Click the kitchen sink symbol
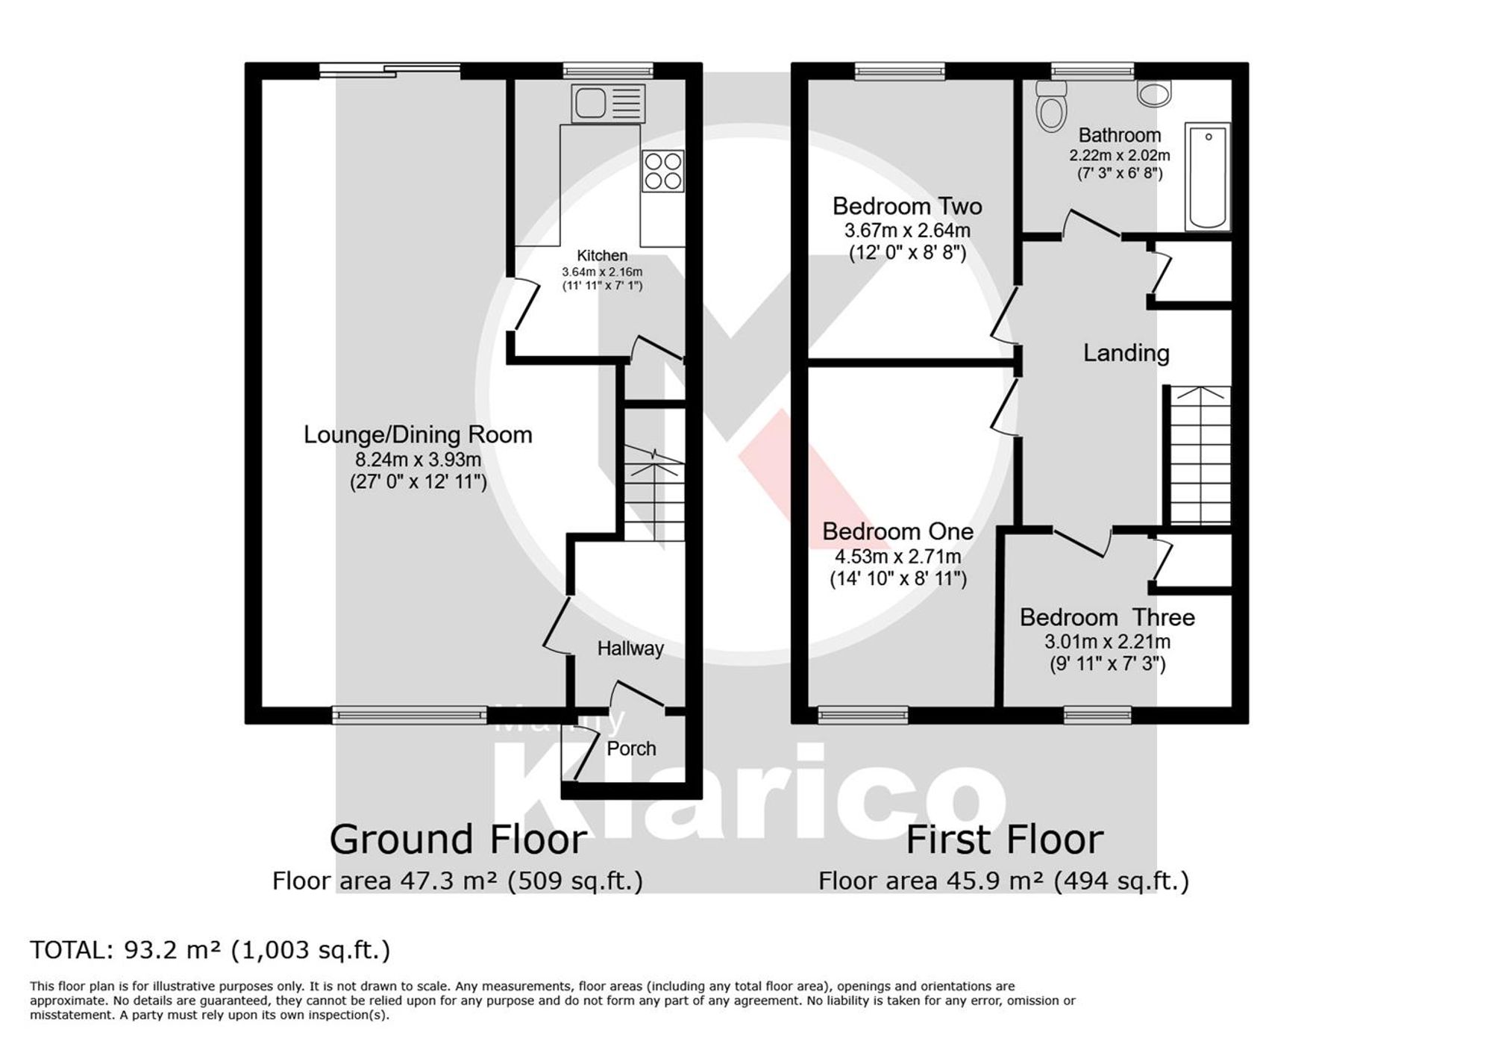(x=608, y=103)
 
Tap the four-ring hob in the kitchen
(x=663, y=172)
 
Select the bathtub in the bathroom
(x=1207, y=176)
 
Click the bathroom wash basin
(x=1154, y=93)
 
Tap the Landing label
(x=1126, y=353)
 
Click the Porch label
(x=631, y=748)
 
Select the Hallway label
(x=630, y=648)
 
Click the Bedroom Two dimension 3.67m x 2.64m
(x=907, y=230)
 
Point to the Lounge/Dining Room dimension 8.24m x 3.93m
(x=418, y=459)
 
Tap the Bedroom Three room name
(x=1107, y=617)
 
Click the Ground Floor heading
(x=458, y=840)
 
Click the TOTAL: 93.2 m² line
(x=210, y=950)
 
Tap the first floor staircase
(x=1200, y=455)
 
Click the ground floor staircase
(x=654, y=493)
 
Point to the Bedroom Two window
(x=900, y=72)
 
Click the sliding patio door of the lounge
(x=390, y=71)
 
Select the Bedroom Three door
(x=1082, y=543)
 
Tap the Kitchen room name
(x=602, y=255)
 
